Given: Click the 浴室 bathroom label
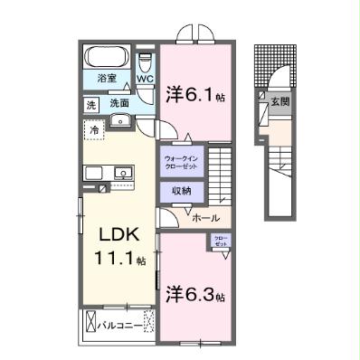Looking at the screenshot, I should (107, 79).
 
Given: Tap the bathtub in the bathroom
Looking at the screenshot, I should (108, 57).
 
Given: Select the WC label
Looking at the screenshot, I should (145, 79).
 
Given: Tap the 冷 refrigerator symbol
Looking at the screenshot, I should (95, 130).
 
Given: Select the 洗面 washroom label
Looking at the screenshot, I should (118, 104).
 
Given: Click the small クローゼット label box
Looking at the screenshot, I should (221, 241).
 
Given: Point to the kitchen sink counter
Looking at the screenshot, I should (108, 173).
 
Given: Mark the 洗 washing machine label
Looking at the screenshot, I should (91, 104).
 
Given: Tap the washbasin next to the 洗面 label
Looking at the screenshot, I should (145, 104).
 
